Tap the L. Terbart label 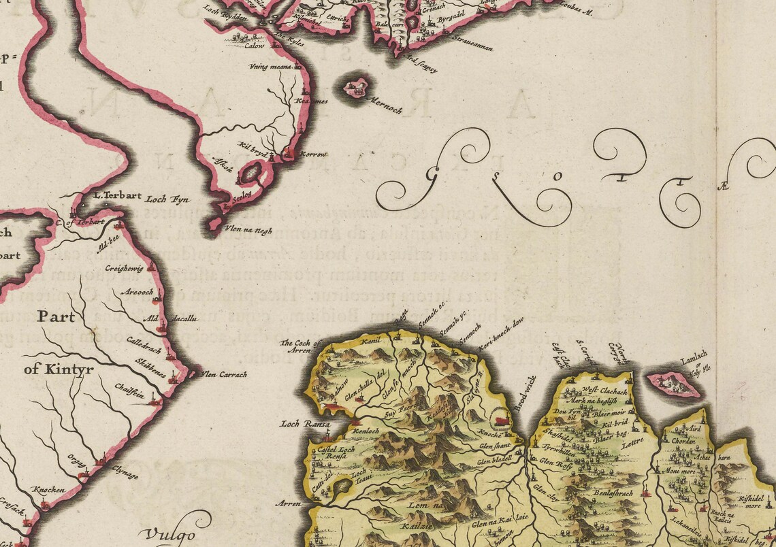pos(117,195)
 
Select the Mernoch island pos(356,88)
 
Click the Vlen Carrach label pos(223,374)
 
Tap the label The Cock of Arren pos(299,346)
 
